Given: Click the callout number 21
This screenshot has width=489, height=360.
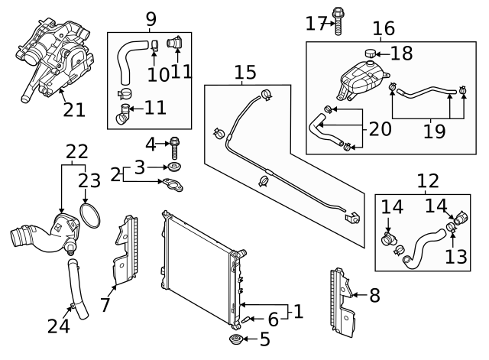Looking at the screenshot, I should pyautogui.click(x=73, y=110).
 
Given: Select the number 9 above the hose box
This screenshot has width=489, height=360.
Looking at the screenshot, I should pyautogui.click(x=151, y=18).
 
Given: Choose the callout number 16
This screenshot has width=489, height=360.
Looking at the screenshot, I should pyautogui.click(x=384, y=29).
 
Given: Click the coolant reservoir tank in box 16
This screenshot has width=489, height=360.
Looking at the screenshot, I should pyautogui.click(x=358, y=77).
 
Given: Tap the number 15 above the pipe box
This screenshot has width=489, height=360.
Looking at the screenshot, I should pyautogui.click(x=245, y=73).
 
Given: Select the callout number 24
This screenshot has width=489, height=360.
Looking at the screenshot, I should pyautogui.click(x=58, y=326).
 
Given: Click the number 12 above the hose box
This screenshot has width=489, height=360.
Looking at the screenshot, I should pyautogui.click(x=428, y=180).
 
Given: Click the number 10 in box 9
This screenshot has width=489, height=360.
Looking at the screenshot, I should pyautogui.click(x=158, y=74).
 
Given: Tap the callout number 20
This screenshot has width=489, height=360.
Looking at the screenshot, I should pyautogui.click(x=380, y=128).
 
